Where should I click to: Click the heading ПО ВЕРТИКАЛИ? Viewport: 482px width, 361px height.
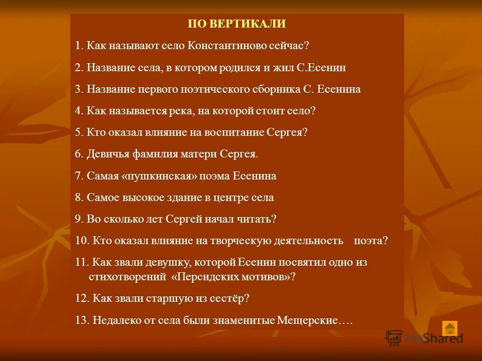[x=236, y=24]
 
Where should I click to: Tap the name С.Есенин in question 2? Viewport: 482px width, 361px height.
[x=322, y=67]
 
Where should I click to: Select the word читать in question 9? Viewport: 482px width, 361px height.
[x=258, y=219]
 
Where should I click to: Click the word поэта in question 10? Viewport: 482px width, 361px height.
[x=371, y=241]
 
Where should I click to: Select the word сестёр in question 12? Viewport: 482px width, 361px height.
[x=230, y=298]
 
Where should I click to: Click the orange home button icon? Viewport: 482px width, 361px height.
[x=450, y=328]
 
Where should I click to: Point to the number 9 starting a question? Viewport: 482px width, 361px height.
[x=78, y=219]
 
